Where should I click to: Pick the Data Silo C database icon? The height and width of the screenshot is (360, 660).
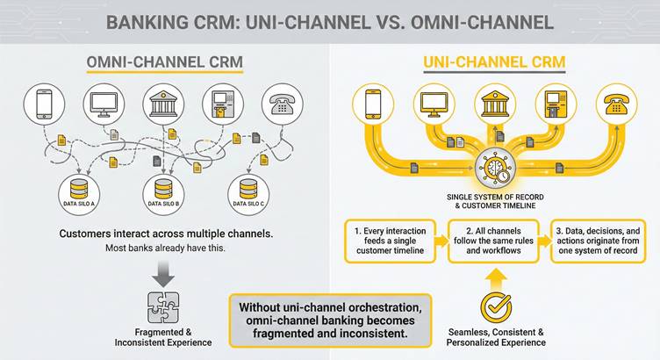click(248, 189)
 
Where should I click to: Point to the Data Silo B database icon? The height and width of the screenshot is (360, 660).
click(163, 189)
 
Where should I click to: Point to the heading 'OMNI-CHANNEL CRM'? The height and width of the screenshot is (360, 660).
click(163, 63)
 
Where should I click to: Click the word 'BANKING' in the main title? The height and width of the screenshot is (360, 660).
click(148, 21)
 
